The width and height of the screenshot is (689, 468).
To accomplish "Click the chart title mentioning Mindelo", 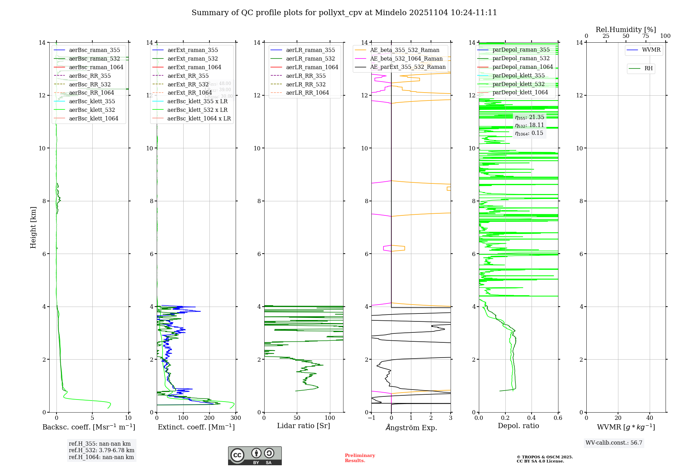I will (x=344, y=13).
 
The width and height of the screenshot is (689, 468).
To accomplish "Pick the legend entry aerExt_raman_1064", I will (x=194, y=67).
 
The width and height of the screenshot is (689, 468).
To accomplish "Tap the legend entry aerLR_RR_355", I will (x=306, y=76).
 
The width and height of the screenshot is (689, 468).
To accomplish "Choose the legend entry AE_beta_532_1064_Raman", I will (x=406, y=58).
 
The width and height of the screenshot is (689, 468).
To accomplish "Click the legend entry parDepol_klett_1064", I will (x=520, y=92).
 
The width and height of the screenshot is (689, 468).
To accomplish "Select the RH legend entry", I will (x=648, y=68).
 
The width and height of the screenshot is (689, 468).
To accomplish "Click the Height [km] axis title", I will (x=33, y=227).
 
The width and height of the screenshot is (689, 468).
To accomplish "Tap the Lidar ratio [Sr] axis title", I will (x=304, y=426).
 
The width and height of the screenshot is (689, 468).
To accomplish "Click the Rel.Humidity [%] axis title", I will (x=626, y=30).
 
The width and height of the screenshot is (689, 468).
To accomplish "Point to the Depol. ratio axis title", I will (x=518, y=426).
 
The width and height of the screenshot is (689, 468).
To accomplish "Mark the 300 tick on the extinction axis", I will (x=236, y=418).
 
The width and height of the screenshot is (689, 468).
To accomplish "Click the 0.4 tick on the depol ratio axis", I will (x=532, y=418).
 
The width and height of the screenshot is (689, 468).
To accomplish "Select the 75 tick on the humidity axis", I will (x=646, y=36).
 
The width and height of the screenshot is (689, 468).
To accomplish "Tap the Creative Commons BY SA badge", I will (x=255, y=456).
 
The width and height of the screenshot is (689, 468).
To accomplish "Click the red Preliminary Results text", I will (x=360, y=458).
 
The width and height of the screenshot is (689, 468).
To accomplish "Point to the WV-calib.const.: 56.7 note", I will (x=614, y=443).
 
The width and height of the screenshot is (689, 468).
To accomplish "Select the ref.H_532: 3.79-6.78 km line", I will (x=101, y=450).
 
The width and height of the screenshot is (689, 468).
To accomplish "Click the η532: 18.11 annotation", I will (x=529, y=125).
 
